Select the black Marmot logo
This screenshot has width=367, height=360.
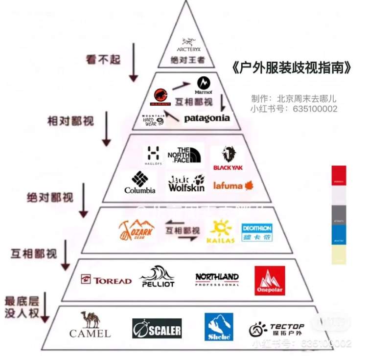click(x=203, y=85)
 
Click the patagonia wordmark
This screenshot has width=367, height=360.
click(x=206, y=118)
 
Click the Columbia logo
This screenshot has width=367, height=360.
click(x=139, y=182)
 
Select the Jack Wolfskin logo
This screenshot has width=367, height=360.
click(x=186, y=183)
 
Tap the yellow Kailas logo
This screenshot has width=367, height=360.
click(x=221, y=231)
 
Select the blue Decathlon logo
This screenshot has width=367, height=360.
click(x=256, y=232)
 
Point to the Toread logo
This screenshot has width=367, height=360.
click(x=106, y=280)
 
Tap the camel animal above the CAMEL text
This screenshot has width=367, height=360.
click(x=90, y=319)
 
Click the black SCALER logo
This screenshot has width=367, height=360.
click(x=157, y=329)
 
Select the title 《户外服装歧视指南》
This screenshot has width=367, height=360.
click(x=293, y=68)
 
